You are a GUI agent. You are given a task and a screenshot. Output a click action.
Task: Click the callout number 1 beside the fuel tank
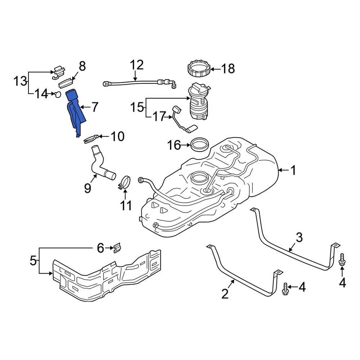(293, 171)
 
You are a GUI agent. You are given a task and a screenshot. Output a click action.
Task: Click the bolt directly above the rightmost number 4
(342, 260)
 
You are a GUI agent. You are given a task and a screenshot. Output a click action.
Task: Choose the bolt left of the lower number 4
(285, 288)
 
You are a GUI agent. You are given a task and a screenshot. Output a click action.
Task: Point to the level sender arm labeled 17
(183, 119)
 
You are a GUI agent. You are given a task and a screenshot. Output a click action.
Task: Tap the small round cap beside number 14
(57, 94)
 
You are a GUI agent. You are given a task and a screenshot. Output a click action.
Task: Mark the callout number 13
(21, 80)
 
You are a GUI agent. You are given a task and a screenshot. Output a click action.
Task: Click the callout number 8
(82, 66)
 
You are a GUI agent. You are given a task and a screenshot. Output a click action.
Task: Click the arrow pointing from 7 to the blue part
(84, 108)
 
